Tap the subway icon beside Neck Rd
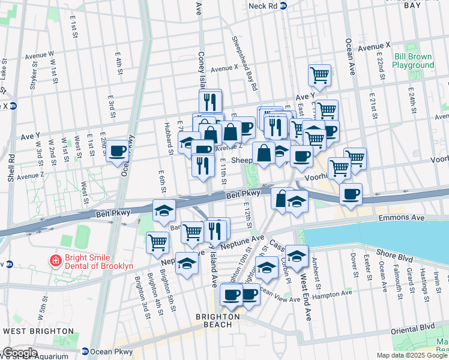pos(284,5)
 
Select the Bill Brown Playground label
pos(414,61)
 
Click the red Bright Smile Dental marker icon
pos(55,260)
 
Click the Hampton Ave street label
pos(334,295)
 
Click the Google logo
pos(20,353)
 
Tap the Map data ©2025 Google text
pos(411,355)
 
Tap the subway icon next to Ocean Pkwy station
pos(85,352)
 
